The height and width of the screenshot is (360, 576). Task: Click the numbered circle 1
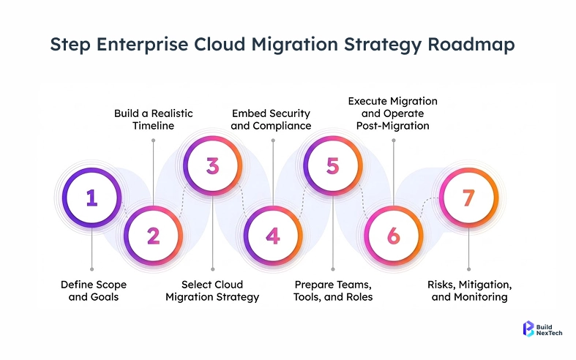[x=91, y=198]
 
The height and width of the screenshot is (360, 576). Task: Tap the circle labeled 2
[x=152, y=236]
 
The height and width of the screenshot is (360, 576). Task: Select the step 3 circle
[x=212, y=165]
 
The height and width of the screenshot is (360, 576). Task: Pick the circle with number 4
[x=273, y=236]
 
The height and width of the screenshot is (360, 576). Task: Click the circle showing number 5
[x=333, y=165]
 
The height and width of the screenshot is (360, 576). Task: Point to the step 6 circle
[x=394, y=236]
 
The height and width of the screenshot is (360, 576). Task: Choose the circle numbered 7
[x=469, y=198]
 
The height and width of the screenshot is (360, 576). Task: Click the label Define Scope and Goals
[x=91, y=290]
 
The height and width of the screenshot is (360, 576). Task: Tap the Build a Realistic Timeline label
[x=152, y=119]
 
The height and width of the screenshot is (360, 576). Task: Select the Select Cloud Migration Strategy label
[x=212, y=290]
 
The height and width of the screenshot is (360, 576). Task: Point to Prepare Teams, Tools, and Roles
[x=333, y=290]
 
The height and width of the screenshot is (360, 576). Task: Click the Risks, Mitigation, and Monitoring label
[x=469, y=290]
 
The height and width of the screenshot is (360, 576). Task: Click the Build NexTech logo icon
[x=528, y=329]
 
